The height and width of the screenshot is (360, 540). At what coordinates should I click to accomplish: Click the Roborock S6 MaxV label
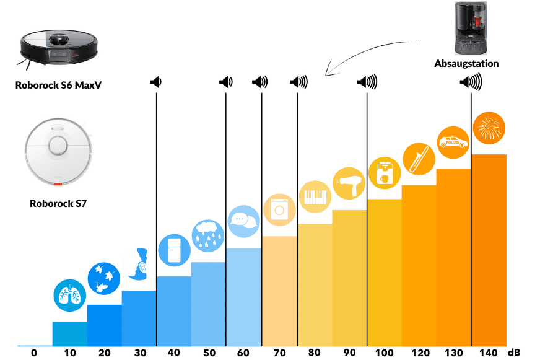coord(58,84)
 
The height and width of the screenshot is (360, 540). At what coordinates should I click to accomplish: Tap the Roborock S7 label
coord(58,203)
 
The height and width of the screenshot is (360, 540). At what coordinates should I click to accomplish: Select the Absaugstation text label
coord(466,63)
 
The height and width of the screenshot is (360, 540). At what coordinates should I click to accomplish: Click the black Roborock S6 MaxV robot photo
coord(59,48)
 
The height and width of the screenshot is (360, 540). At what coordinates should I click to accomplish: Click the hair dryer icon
coord(349,183)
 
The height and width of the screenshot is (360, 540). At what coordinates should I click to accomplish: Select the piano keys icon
coord(314,196)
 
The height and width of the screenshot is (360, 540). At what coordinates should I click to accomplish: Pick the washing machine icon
coord(279,209)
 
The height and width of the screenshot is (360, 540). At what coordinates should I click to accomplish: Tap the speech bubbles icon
coord(244,220)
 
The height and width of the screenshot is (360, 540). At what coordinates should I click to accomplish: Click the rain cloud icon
coord(208,235)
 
